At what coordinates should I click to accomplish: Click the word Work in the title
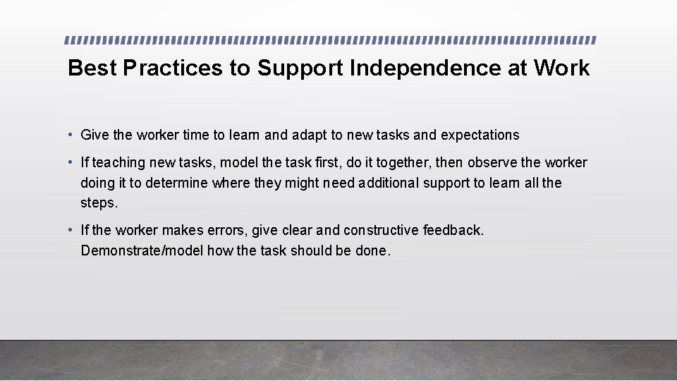tap(561, 68)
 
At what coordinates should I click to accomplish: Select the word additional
tap(389, 183)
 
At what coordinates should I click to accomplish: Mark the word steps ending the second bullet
tap(97, 204)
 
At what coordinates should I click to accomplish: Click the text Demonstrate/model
tap(142, 250)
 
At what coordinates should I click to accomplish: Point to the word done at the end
tap(372, 250)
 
